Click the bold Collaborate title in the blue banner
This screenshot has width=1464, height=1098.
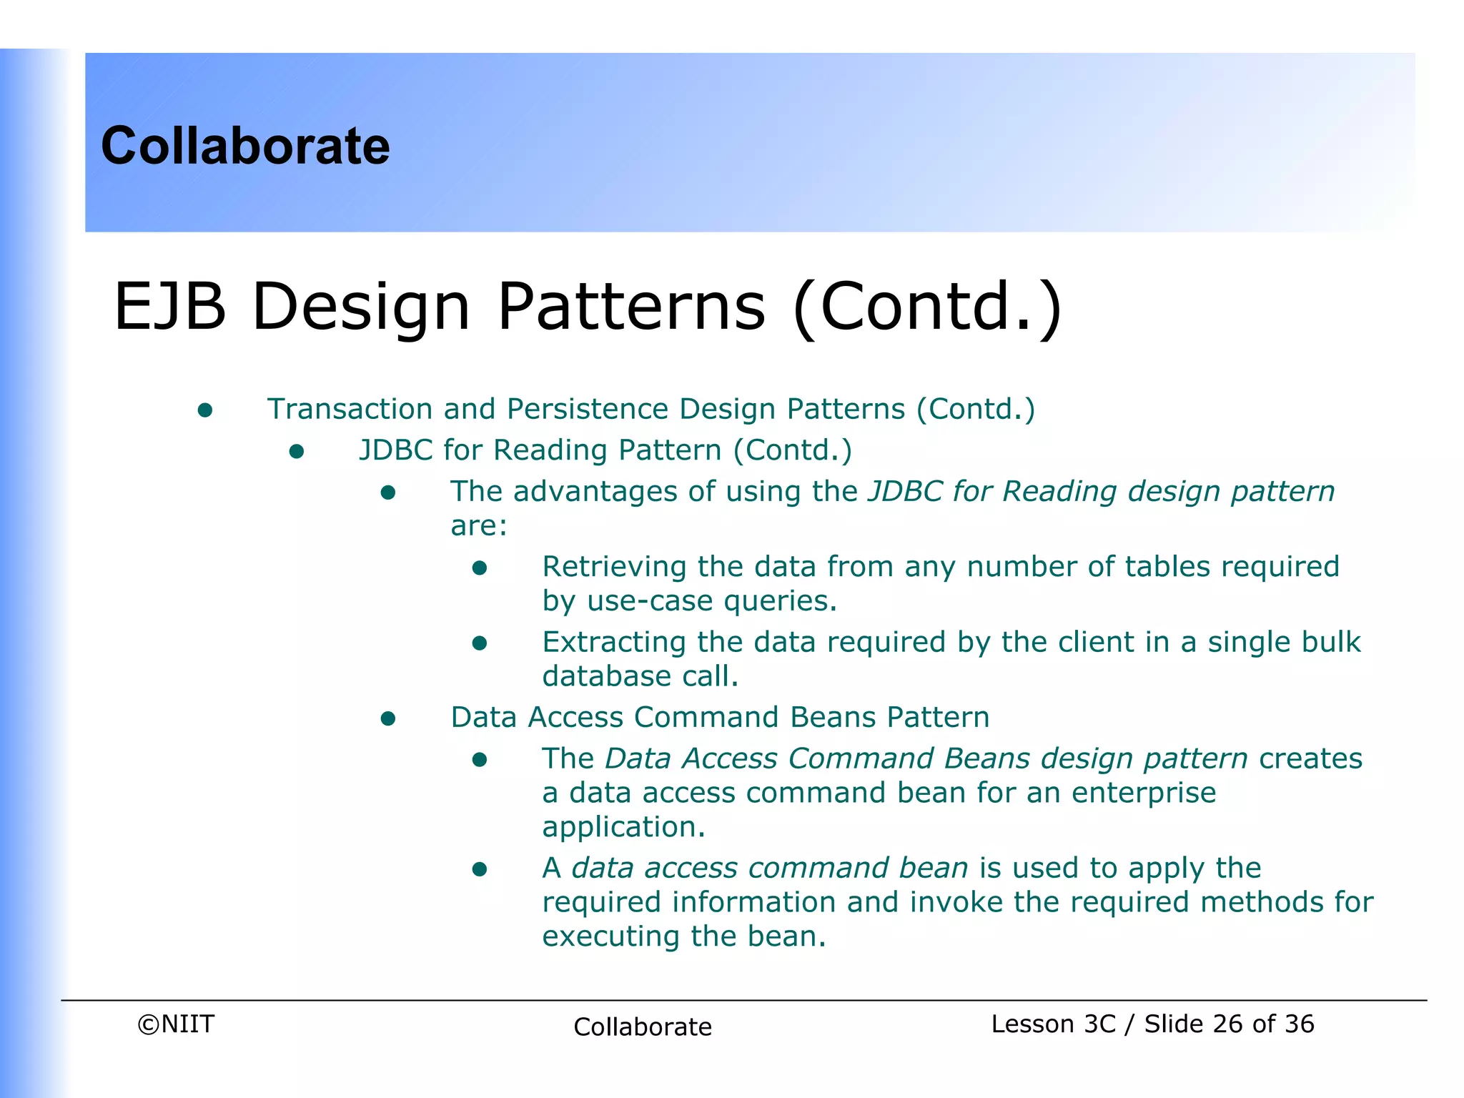click(x=245, y=146)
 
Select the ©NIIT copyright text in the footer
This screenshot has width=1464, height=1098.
click(x=176, y=1024)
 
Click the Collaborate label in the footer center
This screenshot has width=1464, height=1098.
click(x=642, y=1027)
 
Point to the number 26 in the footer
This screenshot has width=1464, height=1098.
click(x=1227, y=1024)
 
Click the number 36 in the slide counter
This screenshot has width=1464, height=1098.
click(x=1299, y=1024)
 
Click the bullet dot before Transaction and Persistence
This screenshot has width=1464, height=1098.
click(x=205, y=410)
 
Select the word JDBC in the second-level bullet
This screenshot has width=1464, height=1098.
click(x=395, y=450)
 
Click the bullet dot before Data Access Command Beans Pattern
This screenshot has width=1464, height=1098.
click(x=388, y=718)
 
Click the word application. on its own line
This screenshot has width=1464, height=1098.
click(x=623, y=827)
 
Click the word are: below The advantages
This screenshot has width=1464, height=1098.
click(x=478, y=526)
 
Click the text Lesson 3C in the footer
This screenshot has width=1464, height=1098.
click(x=1052, y=1024)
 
